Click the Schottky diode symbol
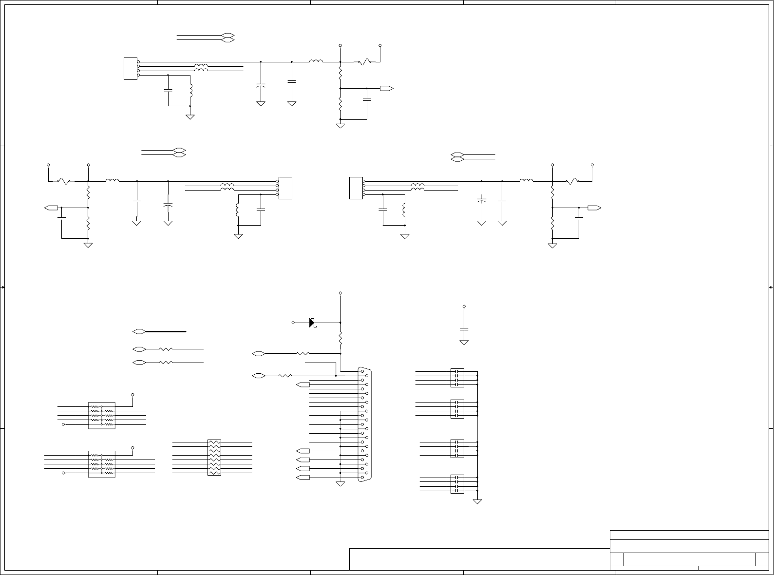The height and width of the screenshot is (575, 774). point(312,323)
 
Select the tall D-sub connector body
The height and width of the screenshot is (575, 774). point(364,424)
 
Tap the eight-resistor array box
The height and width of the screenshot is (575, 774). point(214,458)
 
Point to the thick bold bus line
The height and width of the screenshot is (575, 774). point(166,331)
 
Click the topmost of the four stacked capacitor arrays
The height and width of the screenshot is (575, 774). point(457,378)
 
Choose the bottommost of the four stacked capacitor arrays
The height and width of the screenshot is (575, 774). point(457,484)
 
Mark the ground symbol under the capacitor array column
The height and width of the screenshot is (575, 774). point(477,501)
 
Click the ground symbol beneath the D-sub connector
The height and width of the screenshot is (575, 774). point(340,484)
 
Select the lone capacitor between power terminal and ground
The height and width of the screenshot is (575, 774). point(464,329)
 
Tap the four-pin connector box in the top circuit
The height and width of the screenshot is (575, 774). point(131,69)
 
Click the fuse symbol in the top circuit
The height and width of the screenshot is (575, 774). point(365,62)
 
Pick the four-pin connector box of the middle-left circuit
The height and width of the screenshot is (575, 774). point(285,188)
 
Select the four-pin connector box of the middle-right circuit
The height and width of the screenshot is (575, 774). point(357,188)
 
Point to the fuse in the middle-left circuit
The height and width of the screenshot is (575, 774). point(63,181)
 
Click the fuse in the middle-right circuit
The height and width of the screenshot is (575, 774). point(572,181)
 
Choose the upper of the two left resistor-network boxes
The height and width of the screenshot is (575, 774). point(102,416)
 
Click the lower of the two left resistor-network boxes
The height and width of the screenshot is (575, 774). point(102,464)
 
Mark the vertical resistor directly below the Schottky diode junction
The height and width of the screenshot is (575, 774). point(340,338)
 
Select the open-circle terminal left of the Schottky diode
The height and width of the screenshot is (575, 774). point(293,323)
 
